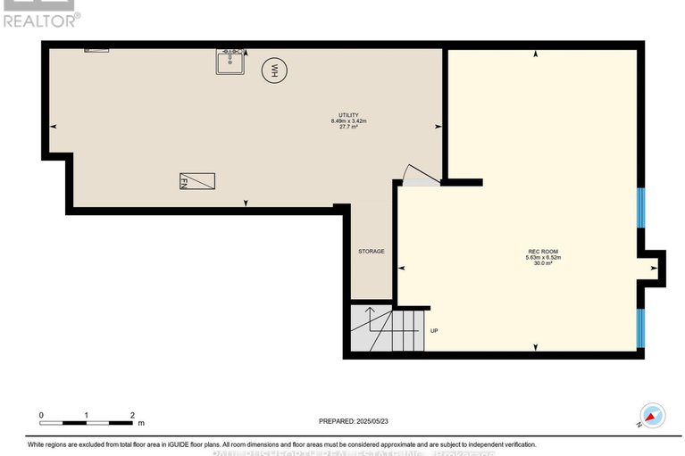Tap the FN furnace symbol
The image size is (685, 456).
196,182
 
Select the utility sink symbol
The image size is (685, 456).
230,62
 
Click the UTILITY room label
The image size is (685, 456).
345,115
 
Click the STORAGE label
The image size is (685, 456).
372,252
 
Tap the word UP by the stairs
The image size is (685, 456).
434,330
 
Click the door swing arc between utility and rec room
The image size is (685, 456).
415,173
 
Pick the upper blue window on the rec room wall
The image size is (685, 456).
640,207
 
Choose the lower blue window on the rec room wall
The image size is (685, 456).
640,328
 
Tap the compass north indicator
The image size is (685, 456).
653,415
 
